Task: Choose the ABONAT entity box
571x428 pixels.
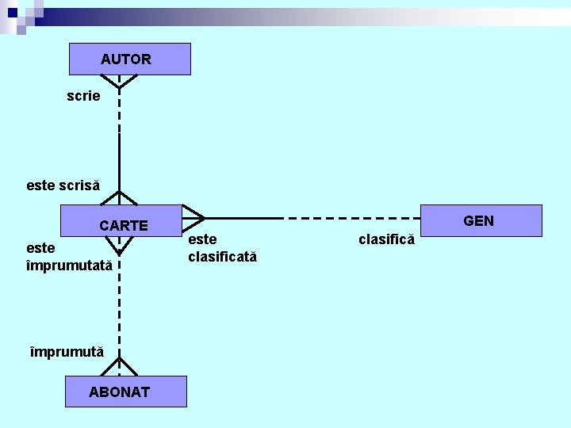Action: coord(125,392)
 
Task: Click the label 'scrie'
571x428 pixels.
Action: coord(83,96)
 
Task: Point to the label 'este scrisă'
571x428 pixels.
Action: coord(63,185)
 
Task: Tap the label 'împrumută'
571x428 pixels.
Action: coord(67,351)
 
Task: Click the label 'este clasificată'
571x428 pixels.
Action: coord(222,248)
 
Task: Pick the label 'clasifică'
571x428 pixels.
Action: coord(386,239)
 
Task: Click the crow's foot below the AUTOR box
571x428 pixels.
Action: coord(119,80)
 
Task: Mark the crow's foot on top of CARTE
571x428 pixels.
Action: coord(119,198)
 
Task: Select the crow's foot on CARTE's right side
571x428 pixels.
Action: coord(194,217)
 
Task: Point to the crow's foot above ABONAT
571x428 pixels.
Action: coord(119,367)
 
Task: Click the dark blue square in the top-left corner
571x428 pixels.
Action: coord(12,13)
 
